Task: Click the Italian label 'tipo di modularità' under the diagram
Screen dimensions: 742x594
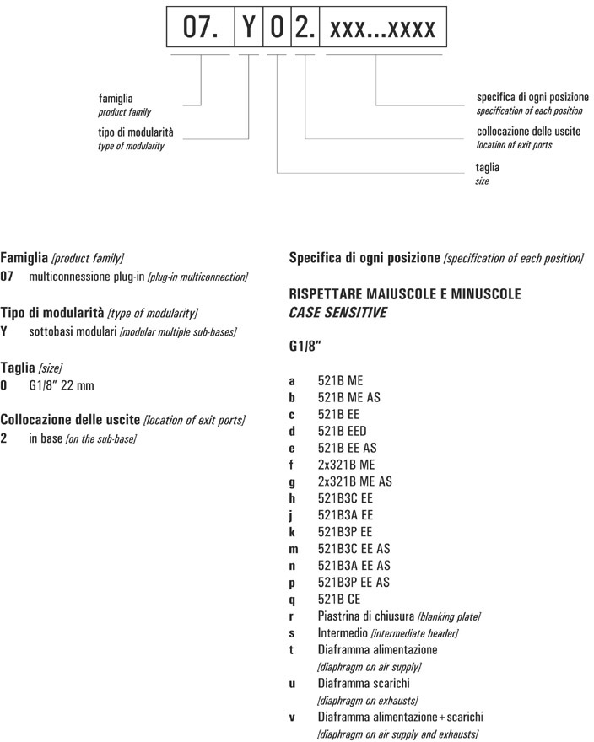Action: coord(139,132)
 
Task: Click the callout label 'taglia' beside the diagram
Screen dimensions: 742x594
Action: coord(488,168)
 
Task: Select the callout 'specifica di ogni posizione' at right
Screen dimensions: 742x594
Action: coord(532,97)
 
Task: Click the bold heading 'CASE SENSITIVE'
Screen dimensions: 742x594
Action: coord(337,312)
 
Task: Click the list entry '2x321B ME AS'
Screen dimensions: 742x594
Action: coord(354,481)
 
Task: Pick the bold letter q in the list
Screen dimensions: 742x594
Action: coord(292,600)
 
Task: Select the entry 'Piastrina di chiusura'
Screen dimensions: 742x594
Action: coord(365,616)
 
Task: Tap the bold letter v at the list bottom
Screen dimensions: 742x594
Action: coord(292,717)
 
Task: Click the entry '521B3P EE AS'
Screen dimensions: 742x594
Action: coord(354,583)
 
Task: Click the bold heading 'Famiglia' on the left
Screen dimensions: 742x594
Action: coord(24,256)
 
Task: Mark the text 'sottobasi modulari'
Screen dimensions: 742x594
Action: coord(73,331)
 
